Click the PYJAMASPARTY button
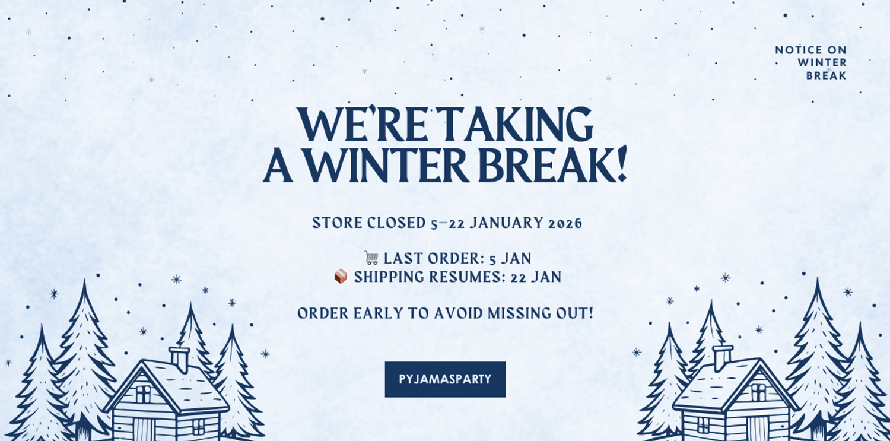445,379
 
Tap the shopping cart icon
371,258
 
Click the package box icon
341,277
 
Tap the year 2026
566,223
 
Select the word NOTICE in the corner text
799,50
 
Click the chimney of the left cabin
179,358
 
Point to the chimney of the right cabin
722,357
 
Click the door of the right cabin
758,429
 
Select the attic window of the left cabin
143,394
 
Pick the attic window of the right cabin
758,392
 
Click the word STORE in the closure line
337,223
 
